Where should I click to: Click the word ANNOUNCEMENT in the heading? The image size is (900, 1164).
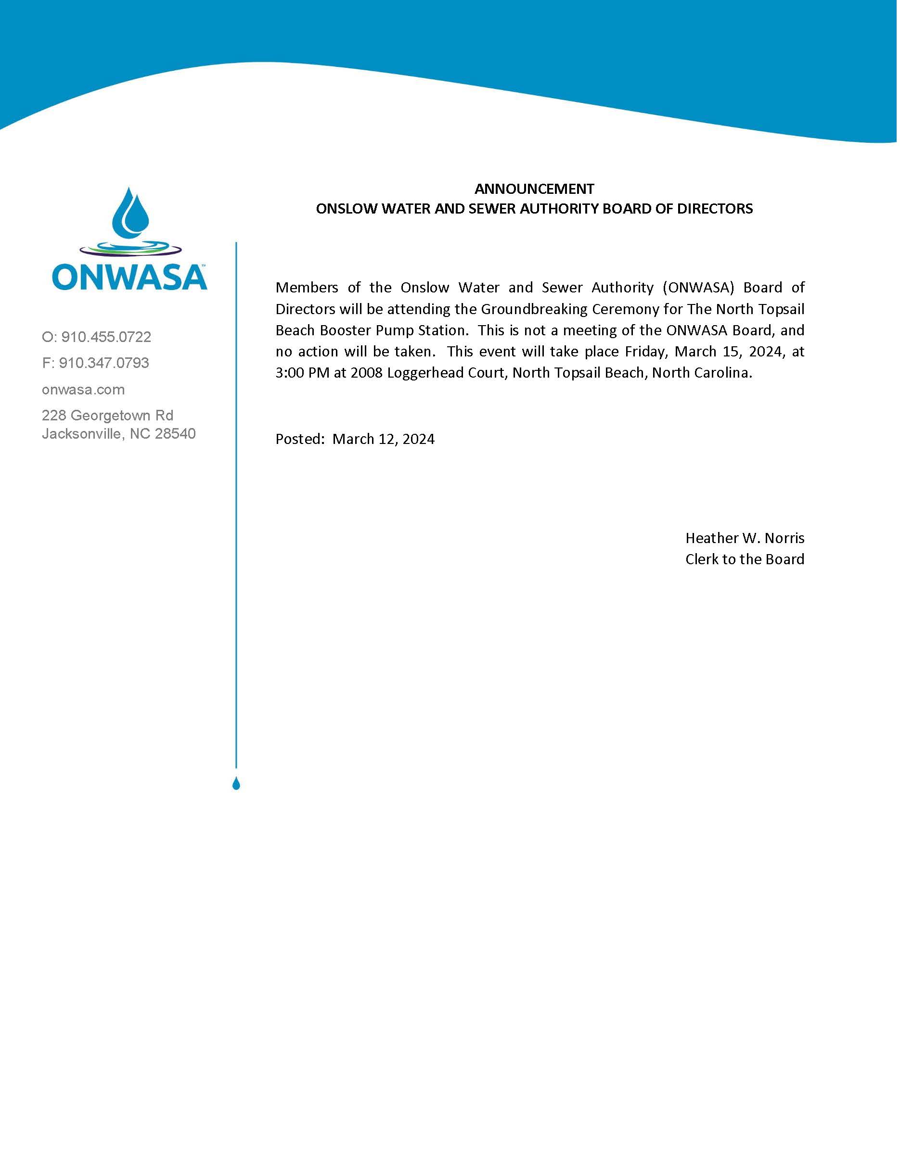click(x=534, y=189)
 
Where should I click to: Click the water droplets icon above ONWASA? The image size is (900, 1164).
click(x=130, y=213)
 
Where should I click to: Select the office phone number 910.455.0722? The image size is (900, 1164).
click(x=105, y=337)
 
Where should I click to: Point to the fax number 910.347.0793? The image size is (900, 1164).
click(x=103, y=363)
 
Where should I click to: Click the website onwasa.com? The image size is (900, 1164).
click(x=83, y=390)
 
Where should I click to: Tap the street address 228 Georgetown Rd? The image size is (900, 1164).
click(x=108, y=415)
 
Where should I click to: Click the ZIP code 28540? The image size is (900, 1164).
click(x=175, y=434)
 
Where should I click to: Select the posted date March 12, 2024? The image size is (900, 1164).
click(x=384, y=439)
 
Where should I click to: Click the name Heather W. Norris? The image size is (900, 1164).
click(x=745, y=538)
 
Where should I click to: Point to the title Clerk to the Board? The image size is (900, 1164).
click(x=745, y=559)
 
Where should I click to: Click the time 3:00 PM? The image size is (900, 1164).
click(x=302, y=373)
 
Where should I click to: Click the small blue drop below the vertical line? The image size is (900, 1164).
click(x=236, y=784)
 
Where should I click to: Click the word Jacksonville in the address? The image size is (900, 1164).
click(x=84, y=434)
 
